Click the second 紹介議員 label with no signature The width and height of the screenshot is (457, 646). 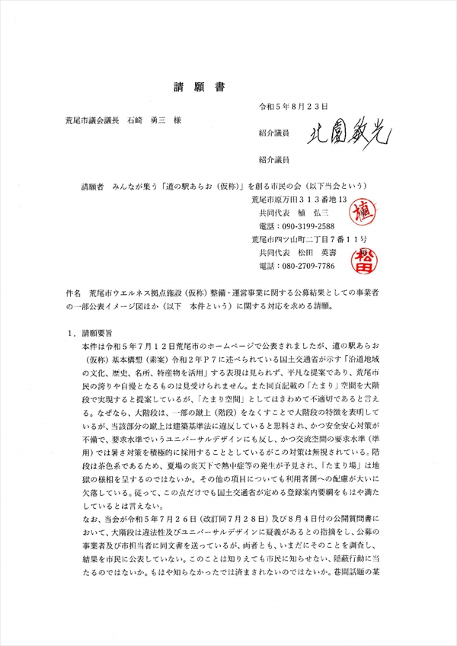(x=273, y=160)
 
